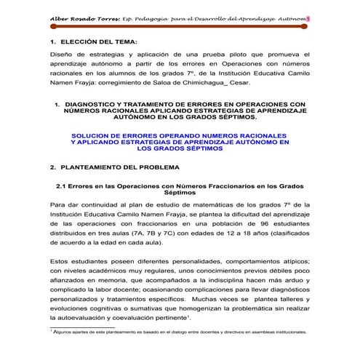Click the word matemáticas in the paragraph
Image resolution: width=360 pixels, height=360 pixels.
[x=181, y=205]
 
